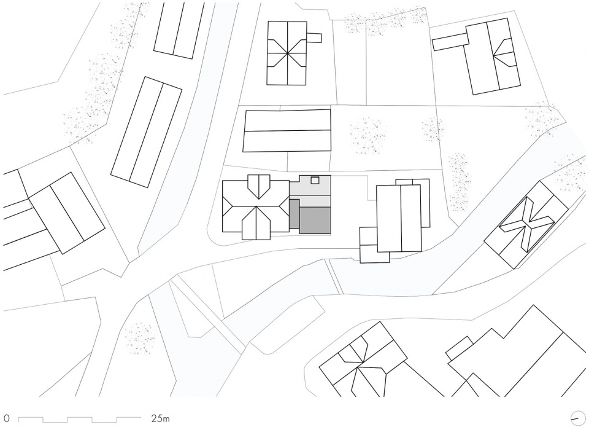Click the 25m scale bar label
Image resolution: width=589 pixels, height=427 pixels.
pyautogui.click(x=160, y=418)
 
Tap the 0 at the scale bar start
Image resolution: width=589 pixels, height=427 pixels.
pyautogui.click(x=7, y=418)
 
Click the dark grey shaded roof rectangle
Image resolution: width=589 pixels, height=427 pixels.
pyautogui.click(x=315, y=221)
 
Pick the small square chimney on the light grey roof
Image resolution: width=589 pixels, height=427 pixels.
pyautogui.click(x=315, y=180)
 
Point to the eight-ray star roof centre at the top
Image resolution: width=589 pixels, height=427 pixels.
pyautogui.click(x=287, y=53)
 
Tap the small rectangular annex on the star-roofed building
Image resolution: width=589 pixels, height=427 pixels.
pyautogui.click(x=314, y=37)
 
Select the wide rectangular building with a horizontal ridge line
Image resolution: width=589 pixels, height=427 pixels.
pyautogui.click(x=287, y=130)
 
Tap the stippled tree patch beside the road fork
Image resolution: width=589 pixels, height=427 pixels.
pyautogui.click(x=140, y=338)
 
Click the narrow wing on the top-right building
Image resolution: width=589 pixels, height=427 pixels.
pyautogui.click(x=450, y=41)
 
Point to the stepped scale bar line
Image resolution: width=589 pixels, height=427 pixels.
pyautogui.click(x=79, y=418)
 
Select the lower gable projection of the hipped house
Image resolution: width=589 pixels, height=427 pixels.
pyautogui.click(x=256, y=224)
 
